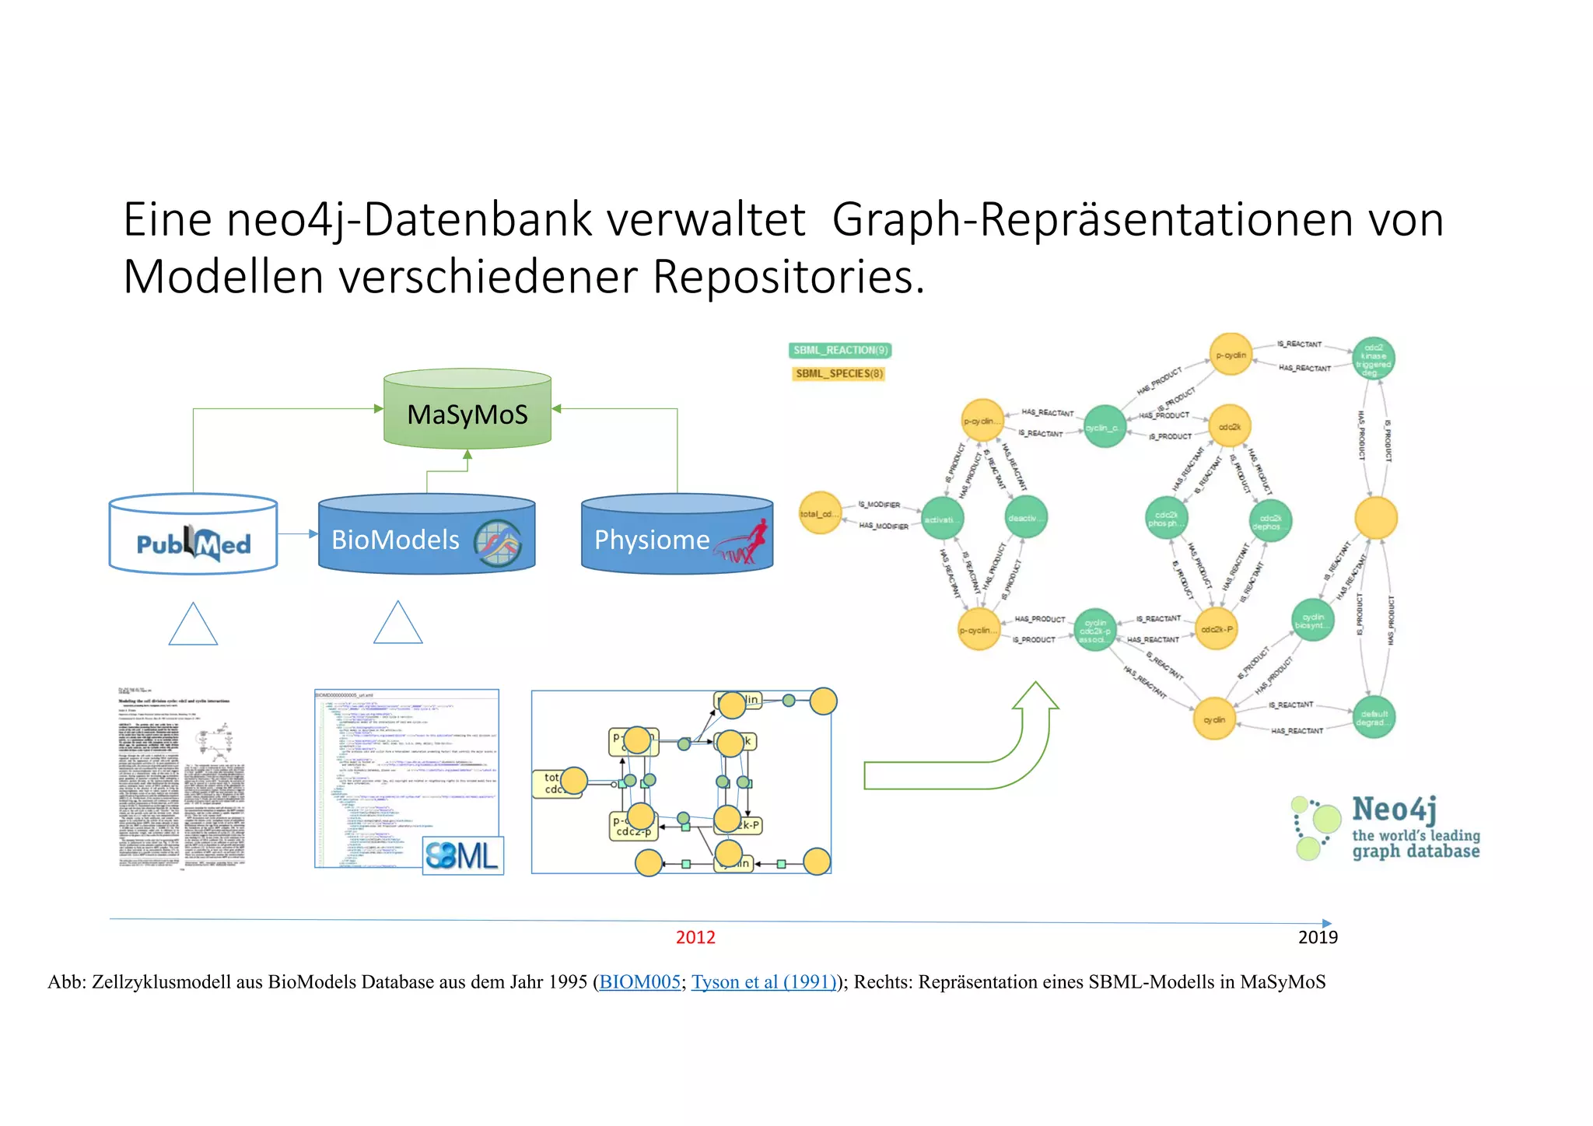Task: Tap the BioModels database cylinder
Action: [x=426, y=537]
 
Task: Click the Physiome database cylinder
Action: [x=677, y=537]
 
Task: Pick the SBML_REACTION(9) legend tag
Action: [x=839, y=351]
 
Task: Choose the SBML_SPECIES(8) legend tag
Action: [x=839, y=374]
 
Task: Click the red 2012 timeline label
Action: [x=695, y=938]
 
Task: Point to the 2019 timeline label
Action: [x=1318, y=938]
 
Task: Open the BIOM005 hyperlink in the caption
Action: [x=640, y=982]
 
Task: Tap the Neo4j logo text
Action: [x=1394, y=810]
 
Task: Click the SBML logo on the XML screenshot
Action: [x=463, y=856]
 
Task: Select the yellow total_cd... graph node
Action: [x=820, y=513]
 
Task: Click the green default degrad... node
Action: [x=1374, y=717]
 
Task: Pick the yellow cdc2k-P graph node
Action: [x=1216, y=630]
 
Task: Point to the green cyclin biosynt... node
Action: [x=1313, y=621]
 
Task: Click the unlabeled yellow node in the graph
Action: [x=1375, y=518]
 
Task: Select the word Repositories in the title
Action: [x=789, y=277]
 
